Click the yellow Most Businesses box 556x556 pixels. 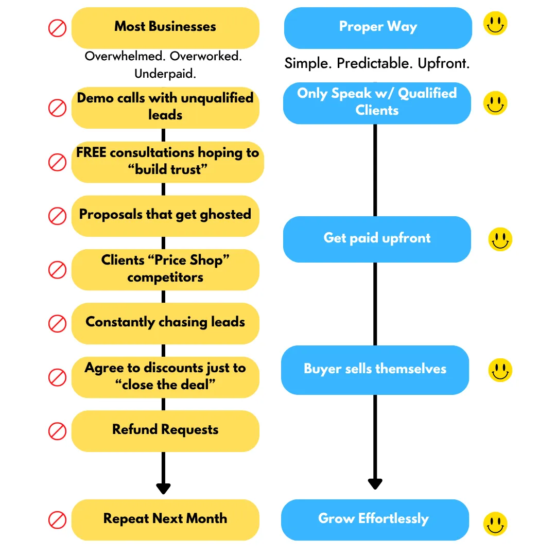(165, 28)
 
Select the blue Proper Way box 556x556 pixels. (378, 28)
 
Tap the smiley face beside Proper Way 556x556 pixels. (495, 23)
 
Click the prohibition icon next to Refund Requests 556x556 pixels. (58, 431)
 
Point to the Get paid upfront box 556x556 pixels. (377, 239)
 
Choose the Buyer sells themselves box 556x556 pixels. (375, 370)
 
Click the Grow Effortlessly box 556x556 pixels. (375, 520)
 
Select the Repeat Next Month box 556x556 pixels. (165, 520)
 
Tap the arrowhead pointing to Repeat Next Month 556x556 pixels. (164, 489)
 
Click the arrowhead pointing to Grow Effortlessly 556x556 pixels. (375, 484)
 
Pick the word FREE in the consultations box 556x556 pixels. (91, 152)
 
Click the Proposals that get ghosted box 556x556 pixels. (165, 216)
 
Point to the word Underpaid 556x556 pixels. (165, 74)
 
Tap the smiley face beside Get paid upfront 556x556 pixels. (500, 239)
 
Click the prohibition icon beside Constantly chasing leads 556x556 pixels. (58, 323)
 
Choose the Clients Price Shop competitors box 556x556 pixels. (165, 270)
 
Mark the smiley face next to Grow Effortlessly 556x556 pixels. (495, 524)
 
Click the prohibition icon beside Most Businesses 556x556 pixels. (58, 28)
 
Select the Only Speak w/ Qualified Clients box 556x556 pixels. (377, 103)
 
